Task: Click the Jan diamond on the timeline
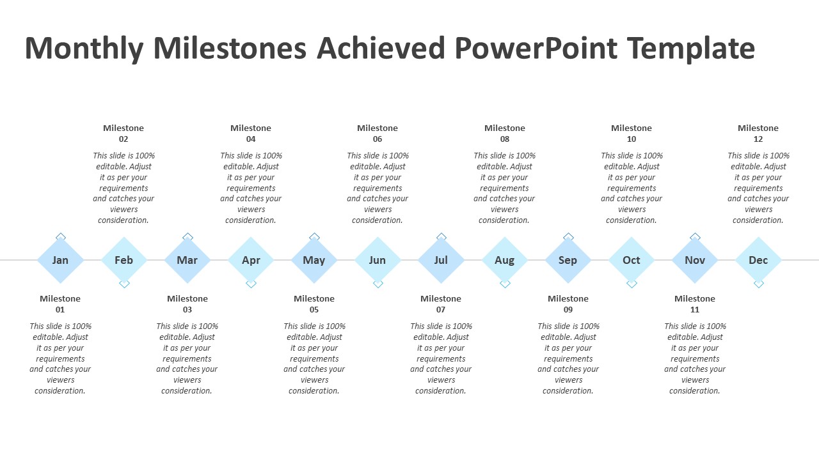pyautogui.click(x=60, y=260)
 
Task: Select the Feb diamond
pyautogui.click(x=124, y=260)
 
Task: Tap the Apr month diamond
pyautogui.click(x=251, y=260)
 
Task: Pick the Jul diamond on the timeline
pyautogui.click(x=441, y=260)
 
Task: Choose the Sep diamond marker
pyautogui.click(x=568, y=260)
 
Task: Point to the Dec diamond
pyautogui.click(x=759, y=260)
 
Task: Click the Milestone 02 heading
pyautogui.click(x=123, y=134)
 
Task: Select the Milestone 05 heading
pyautogui.click(x=314, y=303)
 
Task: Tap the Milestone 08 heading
pyautogui.click(x=505, y=134)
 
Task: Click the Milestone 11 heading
pyautogui.click(x=695, y=303)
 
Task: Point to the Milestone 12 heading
pyautogui.click(x=758, y=134)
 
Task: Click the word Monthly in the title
pyautogui.click(x=84, y=49)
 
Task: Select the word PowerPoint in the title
pyautogui.click(x=536, y=48)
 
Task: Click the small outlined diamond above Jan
pyautogui.click(x=61, y=236)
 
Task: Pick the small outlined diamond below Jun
pyautogui.click(x=378, y=284)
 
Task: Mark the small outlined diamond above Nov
pyautogui.click(x=695, y=236)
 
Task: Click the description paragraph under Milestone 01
pyautogui.click(x=60, y=358)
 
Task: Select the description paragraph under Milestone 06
pyautogui.click(x=378, y=188)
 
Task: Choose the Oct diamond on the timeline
pyautogui.click(x=632, y=260)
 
